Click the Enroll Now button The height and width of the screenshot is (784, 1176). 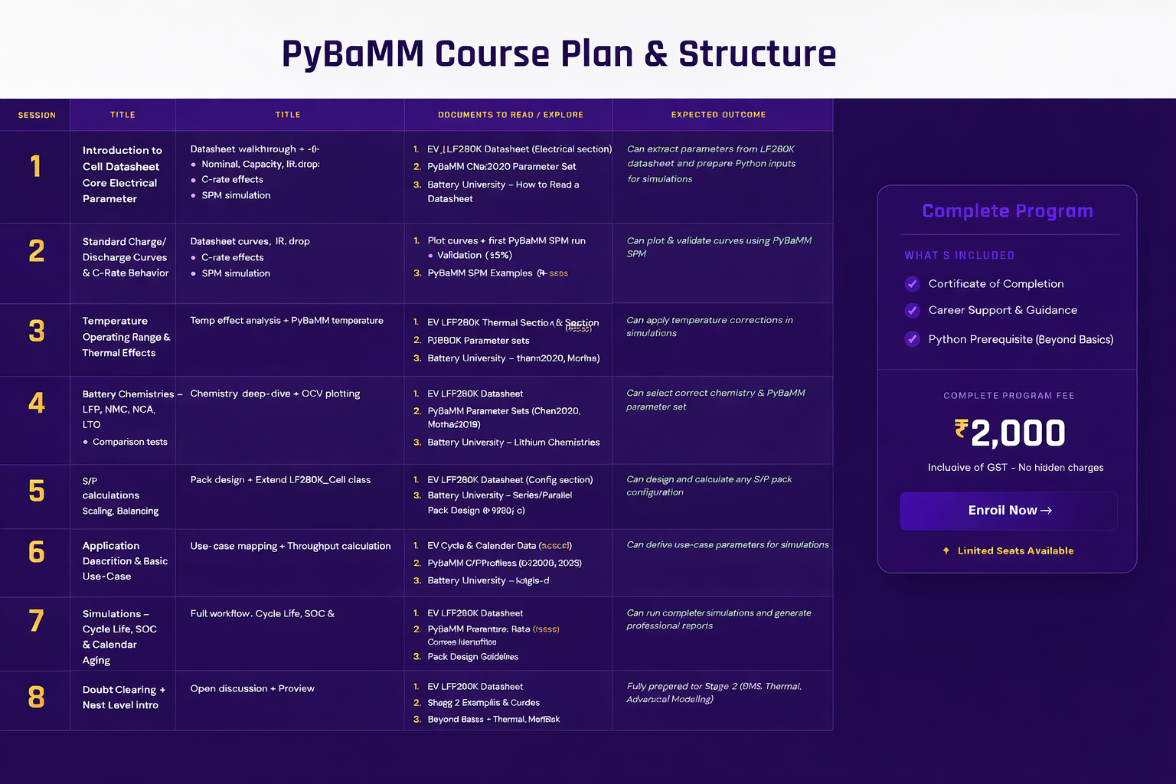click(1008, 511)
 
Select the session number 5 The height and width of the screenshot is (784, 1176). click(36, 492)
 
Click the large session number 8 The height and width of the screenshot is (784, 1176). click(36, 697)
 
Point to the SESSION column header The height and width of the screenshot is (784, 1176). click(37, 115)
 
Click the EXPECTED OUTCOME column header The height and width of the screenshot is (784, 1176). click(718, 115)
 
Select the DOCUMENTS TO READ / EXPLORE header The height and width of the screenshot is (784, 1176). click(510, 115)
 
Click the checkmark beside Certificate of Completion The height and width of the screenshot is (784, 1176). click(912, 284)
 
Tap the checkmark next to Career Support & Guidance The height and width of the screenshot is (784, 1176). click(912, 311)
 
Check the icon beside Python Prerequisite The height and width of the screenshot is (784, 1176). click(912, 339)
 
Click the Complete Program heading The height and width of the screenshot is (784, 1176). click(1007, 211)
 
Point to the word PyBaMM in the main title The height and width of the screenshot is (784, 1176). click(352, 54)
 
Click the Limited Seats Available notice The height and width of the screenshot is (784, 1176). click(1014, 551)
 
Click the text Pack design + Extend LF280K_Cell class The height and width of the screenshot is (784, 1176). click(280, 480)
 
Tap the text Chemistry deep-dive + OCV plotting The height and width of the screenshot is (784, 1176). click(275, 394)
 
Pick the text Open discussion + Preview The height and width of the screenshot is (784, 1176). click(252, 689)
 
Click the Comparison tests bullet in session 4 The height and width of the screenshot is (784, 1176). click(129, 443)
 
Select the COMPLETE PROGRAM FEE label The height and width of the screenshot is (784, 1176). click(1008, 396)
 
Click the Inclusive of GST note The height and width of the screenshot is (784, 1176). click(1015, 468)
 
